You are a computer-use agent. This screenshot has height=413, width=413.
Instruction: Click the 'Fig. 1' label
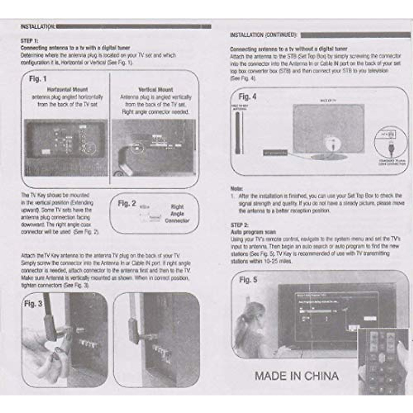click(38, 79)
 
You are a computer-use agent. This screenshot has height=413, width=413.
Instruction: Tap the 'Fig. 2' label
click(127, 203)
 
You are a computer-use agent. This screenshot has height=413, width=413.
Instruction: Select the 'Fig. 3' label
click(33, 304)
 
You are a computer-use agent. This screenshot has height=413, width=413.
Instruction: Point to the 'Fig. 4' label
click(247, 97)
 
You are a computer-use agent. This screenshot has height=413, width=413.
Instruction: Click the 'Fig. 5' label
click(248, 280)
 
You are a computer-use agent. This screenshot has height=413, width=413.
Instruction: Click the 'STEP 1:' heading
click(30, 41)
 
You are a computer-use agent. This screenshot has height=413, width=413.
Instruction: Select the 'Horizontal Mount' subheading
click(67, 89)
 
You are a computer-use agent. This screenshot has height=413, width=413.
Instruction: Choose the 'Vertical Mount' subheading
click(156, 89)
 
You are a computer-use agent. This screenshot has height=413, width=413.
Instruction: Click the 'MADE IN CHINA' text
click(297, 376)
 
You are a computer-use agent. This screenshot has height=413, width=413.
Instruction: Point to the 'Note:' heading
click(236, 189)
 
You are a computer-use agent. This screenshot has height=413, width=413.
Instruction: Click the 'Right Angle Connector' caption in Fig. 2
click(177, 214)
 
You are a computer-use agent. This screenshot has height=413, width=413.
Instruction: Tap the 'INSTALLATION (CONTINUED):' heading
click(264, 35)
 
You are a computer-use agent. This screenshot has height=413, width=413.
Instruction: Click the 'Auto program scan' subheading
click(253, 232)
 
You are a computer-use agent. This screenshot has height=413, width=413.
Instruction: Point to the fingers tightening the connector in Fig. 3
click(59, 348)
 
